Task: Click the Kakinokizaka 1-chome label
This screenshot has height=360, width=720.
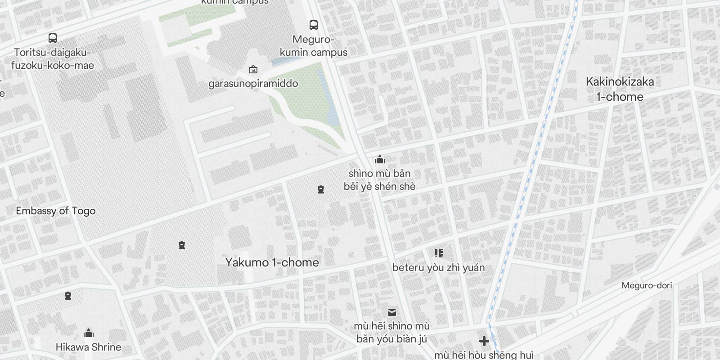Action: (x=620, y=89)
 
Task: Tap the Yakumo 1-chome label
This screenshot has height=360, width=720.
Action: (x=272, y=262)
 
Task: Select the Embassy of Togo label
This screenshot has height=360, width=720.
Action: (x=55, y=211)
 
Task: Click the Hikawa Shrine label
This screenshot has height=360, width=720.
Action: (x=88, y=347)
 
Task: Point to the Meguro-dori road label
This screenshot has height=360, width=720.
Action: (x=646, y=285)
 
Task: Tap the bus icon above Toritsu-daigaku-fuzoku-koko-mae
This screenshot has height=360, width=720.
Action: (x=53, y=38)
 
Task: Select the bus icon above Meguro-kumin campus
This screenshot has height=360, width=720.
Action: (x=314, y=25)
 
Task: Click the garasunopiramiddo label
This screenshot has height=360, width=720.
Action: (x=253, y=83)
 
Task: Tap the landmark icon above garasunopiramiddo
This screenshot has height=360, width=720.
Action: (x=253, y=69)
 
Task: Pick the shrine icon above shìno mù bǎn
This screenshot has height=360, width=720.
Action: (x=380, y=159)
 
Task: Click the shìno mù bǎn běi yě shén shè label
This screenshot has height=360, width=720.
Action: (x=380, y=180)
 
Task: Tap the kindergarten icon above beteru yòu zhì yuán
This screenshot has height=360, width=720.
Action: (x=439, y=253)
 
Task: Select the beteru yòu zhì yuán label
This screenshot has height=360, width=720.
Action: (x=438, y=267)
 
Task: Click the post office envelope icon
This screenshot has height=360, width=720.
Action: (x=392, y=312)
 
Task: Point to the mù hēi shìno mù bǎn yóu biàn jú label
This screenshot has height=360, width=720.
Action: (x=391, y=332)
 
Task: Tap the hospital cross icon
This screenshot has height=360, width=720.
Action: (x=484, y=341)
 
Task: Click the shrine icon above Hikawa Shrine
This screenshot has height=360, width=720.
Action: (x=89, y=333)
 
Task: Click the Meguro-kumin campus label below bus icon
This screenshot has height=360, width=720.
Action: (x=313, y=46)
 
